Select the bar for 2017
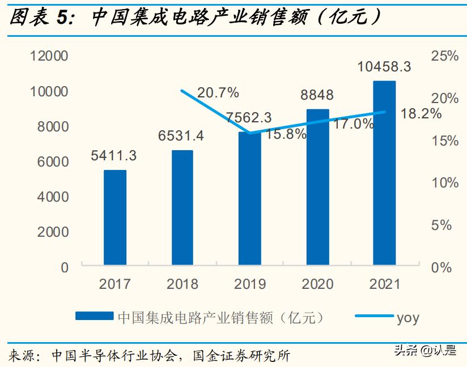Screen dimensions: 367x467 115,217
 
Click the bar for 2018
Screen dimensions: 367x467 182,207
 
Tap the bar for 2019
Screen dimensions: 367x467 249,198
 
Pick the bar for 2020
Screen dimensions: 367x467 317,187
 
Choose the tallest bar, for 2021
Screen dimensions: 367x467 384,173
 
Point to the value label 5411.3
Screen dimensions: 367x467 115,155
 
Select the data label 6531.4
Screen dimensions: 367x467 182,136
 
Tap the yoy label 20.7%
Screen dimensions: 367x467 218,92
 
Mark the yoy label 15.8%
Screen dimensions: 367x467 286,135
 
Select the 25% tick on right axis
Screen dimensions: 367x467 444,56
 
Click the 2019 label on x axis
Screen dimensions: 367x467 249,284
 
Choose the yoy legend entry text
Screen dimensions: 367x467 408,317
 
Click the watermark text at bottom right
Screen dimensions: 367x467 425,351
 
